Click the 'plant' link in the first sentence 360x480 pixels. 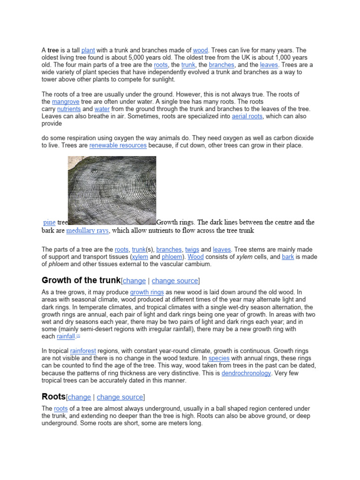coord(88,50)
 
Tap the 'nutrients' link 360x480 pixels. coord(69,109)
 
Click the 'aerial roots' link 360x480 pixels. coord(247,116)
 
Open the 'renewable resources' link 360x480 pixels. coord(118,145)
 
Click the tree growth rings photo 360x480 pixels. coord(112,190)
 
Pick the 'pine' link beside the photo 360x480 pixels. coord(49,222)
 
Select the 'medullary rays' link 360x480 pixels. coord(87,231)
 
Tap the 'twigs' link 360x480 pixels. coord(192,250)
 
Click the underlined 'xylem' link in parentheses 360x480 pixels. coord(140,257)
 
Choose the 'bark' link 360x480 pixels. coord(288,257)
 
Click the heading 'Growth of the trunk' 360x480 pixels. coord(81,280)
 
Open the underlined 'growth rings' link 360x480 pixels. coord(147,292)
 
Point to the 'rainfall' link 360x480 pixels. coord(66,337)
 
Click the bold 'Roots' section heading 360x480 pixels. coord(54,397)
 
